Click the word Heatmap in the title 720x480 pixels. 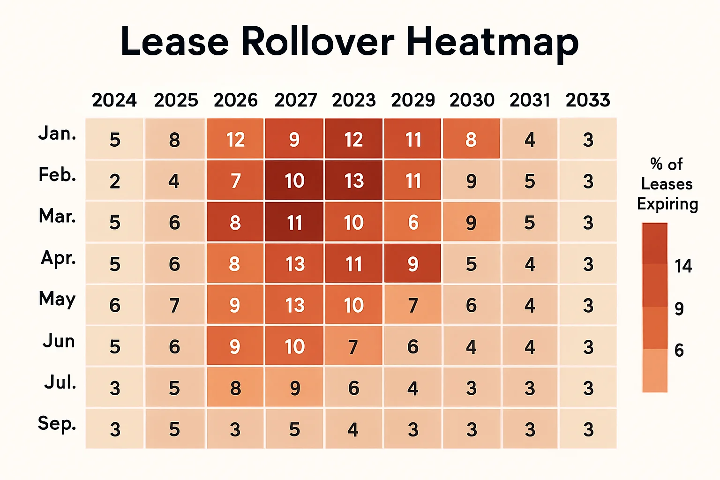(x=492, y=42)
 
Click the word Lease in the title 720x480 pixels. (x=174, y=42)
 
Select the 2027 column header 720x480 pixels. (x=295, y=100)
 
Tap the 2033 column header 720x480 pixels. (x=588, y=100)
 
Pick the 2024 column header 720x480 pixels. (x=114, y=100)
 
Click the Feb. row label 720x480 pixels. (x=57, y=175)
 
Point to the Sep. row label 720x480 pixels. (x=57, y=423)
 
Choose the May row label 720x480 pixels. (x=57, y=299)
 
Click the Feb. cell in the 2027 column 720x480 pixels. (x=294, y=181)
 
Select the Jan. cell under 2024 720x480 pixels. (x=115, y=140)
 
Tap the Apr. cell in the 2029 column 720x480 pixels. (x=412, y=264)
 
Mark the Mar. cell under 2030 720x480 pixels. (x=471, y=223)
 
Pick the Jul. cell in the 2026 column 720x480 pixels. (x=235, y=388)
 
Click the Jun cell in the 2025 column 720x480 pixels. (x=174, y=347)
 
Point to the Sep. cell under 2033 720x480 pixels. (x=588, y=429)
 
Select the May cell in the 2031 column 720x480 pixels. (x=530, y=306)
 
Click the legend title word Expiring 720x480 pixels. (x=667, y=204)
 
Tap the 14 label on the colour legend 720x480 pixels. (x=683, y=266)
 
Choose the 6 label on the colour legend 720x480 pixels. (x=679, y=350)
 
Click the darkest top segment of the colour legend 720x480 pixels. (x=655, y=243)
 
